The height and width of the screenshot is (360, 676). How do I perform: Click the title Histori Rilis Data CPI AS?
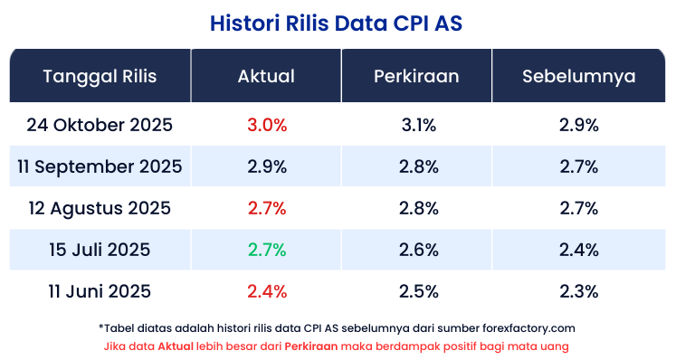(338, 21)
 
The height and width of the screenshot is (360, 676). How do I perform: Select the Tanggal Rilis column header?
(100, 76)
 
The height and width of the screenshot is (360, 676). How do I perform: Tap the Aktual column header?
(266, 76)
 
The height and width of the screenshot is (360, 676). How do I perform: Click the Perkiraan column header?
(416, 76)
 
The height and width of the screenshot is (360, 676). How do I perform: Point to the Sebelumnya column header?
(578, 76)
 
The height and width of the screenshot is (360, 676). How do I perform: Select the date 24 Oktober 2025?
(100, 125)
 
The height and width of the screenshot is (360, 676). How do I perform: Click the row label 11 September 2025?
(100, 166)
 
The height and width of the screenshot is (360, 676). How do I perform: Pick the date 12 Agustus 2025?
(100, 208)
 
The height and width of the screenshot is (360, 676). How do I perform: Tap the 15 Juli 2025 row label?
(100, 250)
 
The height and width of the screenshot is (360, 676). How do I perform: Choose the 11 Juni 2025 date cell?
(100, 291)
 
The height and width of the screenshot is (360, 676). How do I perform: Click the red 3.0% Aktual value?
(266, 125)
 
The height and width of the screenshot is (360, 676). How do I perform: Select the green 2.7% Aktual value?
(266, 250)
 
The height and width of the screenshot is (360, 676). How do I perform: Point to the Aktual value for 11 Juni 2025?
(266, 291)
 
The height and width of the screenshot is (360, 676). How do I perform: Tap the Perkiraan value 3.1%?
(418, 125)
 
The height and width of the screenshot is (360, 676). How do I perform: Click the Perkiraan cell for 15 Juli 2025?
(418, 250)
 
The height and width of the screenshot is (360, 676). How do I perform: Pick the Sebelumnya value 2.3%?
(579, 291)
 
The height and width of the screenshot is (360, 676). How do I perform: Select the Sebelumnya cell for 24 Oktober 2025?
(579, 125)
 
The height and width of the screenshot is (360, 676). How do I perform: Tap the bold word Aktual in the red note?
(176, 346)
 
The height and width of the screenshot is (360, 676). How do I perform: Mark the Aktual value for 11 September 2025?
(266, 166)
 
